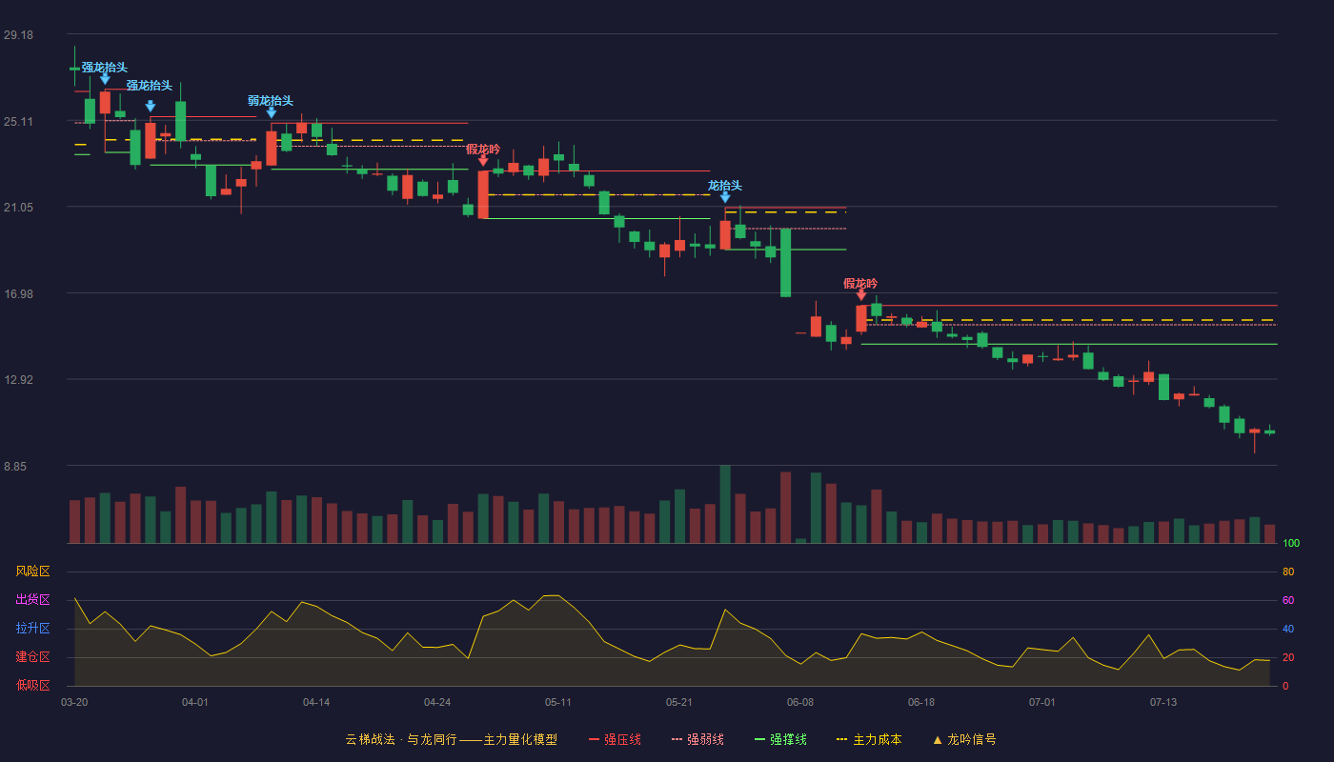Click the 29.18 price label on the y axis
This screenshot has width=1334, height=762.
pos(18,35)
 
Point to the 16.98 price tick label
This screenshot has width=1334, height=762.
pos(18,294)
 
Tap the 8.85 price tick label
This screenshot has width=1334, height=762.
pos(15,467)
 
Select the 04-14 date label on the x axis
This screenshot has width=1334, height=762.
pos(316,703)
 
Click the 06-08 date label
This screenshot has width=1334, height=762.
pos(799,703)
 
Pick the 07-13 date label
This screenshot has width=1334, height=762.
pos(1163,703)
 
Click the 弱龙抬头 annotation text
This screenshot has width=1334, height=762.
pos(271,101)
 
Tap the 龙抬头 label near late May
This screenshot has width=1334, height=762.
pos(725,186)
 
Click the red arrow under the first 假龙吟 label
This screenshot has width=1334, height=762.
pos(483,161)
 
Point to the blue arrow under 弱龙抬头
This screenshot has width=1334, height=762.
pos(271,112)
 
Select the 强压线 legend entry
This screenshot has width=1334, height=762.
pos(615,739)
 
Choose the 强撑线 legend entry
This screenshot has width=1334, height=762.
pos(780,739)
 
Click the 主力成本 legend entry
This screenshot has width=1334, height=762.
pos(869,739)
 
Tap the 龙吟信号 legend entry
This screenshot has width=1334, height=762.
pos(964,739)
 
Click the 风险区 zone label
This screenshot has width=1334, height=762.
pos(32,571)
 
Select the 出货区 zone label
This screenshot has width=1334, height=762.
pos(32,599)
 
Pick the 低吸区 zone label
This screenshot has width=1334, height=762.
pos(32,685)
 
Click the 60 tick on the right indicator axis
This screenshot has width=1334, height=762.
pos(1288,600)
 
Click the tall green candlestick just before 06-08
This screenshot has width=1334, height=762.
pos(785,263)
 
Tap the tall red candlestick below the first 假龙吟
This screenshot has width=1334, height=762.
pos(483,194)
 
